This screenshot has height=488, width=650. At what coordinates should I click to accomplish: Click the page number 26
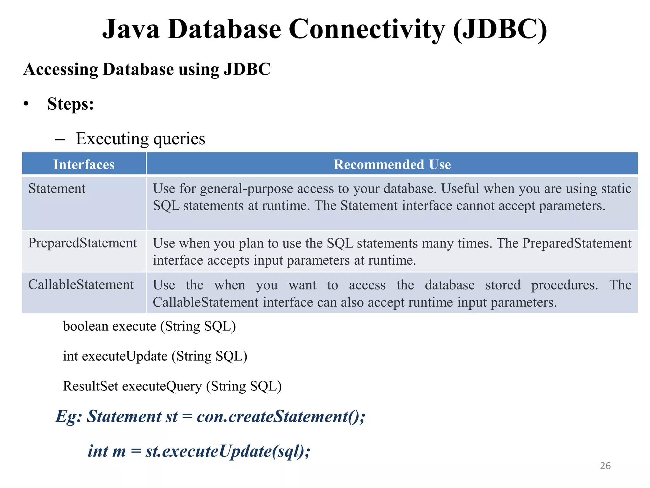[x=605, y=466]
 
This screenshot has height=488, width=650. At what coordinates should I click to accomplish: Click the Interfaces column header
[x=84, y=165]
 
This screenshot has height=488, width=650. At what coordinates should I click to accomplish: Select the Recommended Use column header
[x=392, y=165]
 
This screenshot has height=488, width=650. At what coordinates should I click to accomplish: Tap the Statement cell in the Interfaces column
[x=57, y=189]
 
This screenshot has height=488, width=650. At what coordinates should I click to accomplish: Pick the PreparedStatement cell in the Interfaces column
[x=83, y=243]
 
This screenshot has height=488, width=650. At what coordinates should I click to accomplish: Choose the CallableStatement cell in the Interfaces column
[x=81, y=285]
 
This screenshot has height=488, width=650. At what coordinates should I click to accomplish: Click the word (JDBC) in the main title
[x=500, y=29]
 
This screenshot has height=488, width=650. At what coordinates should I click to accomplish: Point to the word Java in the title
[x=131, y=29]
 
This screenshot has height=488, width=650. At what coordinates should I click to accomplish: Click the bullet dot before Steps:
[x=26, y=104]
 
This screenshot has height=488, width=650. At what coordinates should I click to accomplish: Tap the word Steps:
[x=70, y=104]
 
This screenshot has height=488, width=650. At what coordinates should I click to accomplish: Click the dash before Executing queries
[x=60, y=139]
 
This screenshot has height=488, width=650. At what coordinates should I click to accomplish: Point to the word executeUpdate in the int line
[x=124, y=356]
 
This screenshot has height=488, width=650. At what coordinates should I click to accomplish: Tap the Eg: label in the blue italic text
[x=69, y=417]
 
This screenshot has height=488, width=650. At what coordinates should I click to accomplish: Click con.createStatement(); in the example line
[x=281, y=417]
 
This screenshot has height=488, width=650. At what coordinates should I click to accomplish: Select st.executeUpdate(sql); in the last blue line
[x=228, y=451]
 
